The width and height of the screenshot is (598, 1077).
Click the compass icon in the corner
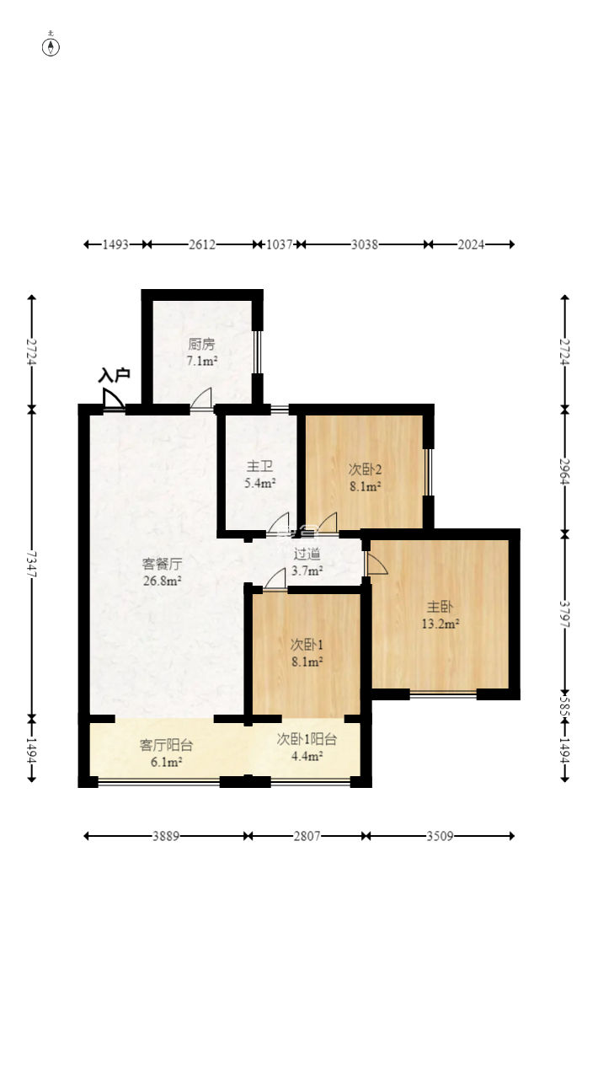coord(51,46)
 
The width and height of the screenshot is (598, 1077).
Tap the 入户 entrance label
coord(114,375)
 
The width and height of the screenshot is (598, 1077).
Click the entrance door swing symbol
coord(113,399)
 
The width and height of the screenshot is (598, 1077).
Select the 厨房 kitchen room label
coord(201,344)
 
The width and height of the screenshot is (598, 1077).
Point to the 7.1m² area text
coord(202,361)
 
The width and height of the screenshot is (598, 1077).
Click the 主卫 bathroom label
coord(259,466)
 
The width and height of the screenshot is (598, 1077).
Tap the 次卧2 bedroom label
coord(365,469)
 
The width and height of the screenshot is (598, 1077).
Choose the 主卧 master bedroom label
coord(440,607)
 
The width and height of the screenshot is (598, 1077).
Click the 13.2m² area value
coord(440,624)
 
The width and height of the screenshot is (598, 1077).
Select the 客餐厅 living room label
coord(162,563)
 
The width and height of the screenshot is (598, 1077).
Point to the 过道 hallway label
coord(307,555)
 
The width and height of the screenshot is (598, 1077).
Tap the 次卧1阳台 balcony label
coord(307,739)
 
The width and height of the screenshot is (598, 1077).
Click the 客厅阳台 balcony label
coord(166,745)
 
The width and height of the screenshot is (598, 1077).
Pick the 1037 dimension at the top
coord(280,244)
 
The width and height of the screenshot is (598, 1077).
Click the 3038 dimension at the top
coord(365,244)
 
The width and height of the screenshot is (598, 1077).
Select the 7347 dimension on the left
coord(32,564)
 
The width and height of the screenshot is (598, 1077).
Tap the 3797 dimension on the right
coord(565,614)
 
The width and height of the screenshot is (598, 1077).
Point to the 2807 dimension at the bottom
coord(307,836)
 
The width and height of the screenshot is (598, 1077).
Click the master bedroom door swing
coord(376,563)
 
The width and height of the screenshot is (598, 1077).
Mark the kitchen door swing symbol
coord(201,399)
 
